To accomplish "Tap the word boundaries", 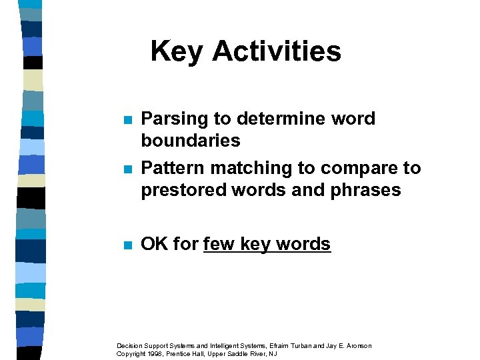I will [190, 141].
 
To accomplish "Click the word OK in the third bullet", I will [155, 244].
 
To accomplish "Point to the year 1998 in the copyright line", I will [151, 353].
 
